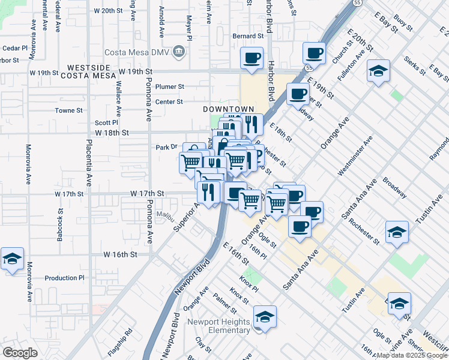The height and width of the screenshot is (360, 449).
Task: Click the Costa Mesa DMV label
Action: (138, 52)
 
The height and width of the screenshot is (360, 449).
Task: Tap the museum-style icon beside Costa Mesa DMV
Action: (178, 52)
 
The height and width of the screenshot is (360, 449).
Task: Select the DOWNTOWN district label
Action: (224, 109)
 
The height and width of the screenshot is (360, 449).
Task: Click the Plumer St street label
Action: (169, 86)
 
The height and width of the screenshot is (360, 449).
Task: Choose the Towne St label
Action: (68, 110)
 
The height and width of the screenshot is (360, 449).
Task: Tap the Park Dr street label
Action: (167, 146)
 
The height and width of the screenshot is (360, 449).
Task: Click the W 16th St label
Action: (121, 254)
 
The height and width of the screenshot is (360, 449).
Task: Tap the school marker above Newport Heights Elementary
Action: (265, 316)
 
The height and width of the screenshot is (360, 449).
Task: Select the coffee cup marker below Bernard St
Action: (252, 58)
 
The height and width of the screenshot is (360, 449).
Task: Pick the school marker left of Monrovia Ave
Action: (12, 259)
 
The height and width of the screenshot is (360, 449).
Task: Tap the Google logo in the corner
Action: (20, 353)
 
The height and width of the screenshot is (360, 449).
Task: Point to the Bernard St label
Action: (248, 36)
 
